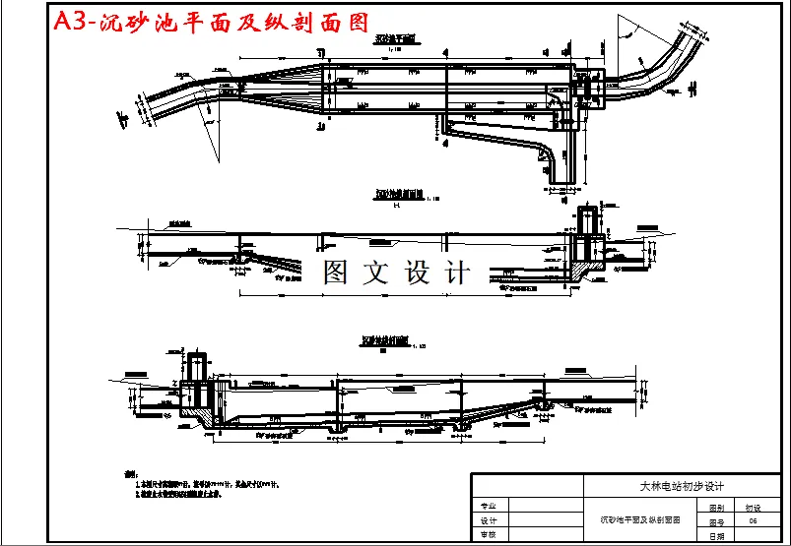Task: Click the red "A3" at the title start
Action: [70, 22]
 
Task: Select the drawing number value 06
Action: [753, 520]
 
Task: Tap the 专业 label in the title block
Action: [488, 505]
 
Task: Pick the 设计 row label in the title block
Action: [488, 520]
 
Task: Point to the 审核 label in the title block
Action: [488, 535]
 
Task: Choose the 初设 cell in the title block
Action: [753, 506]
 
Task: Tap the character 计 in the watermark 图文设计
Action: [458, 273]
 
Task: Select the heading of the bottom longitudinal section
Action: [385, 341]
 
